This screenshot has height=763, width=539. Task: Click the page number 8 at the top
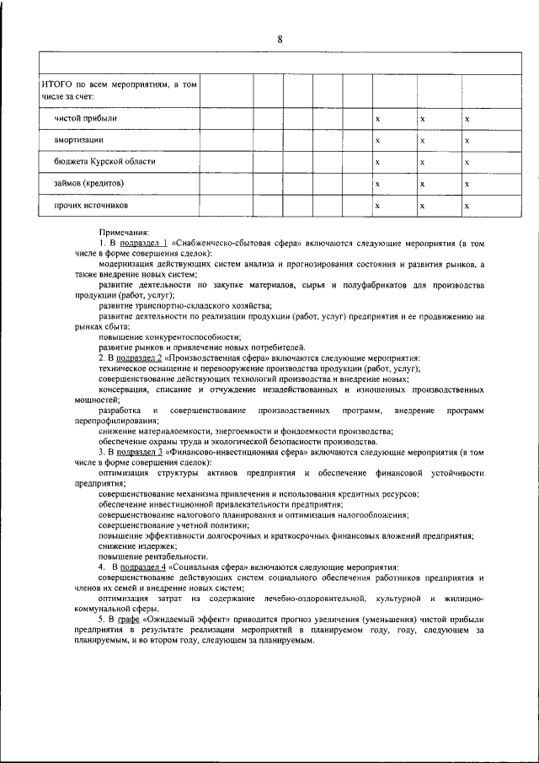[x=280, y=39]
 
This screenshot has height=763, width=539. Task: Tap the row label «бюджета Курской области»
[x=105, y=160]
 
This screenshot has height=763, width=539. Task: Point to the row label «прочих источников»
[x=92, y=204]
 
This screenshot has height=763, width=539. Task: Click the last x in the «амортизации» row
[x=467, y=140]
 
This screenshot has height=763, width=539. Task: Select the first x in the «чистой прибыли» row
[x=377, y=119]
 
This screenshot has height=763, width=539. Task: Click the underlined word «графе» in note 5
[x=128, y=618]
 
